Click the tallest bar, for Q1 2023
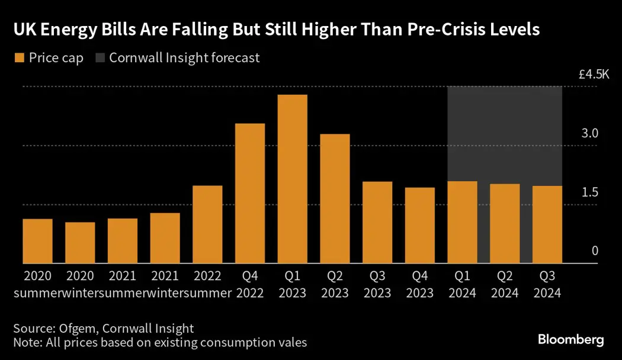(x=293, y=179)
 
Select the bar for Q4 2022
(x=250, y=194)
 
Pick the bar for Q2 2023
(x=335, y=199)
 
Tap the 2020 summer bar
(x=38, y=242)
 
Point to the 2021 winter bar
(x=165, y=239)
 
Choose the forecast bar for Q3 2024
(x=547, y=225)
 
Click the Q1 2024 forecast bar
(x=463, y=223)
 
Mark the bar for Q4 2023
(x=420, y=226)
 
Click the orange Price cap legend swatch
(x=18, y=58)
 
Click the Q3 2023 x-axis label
(x=377, y=284)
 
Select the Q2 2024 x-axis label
(x=505, y=284)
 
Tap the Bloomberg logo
(x=570, y=340)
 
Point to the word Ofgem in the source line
(x=74, y=329)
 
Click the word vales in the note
(x=292, y=342)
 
